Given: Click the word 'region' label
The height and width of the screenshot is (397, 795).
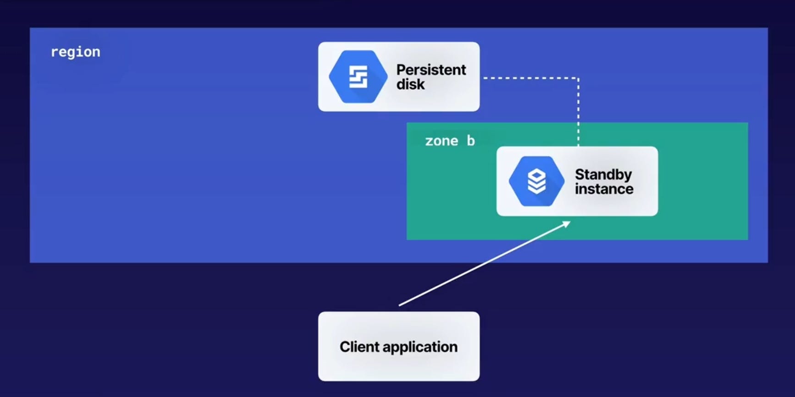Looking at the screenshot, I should (x=75, y=52).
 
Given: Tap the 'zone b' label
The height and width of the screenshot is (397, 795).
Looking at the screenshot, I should (x=449, y=141).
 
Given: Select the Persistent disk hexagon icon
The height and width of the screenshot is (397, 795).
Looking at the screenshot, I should (x=358, y=76).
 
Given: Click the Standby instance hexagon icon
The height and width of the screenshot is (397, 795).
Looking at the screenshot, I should (x=536, y=181).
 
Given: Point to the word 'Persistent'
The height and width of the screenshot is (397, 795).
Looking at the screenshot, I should (x=431, y=70).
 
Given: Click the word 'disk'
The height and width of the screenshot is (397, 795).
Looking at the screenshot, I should (x=410, y=85).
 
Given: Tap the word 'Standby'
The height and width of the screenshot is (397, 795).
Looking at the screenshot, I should (x=603, y=174).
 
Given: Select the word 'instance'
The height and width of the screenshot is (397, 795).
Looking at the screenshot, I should (x=604, y=189).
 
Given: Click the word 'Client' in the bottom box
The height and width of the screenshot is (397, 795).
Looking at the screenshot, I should (x=359, y=347).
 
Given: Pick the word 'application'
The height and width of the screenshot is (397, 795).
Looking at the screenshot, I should (x=420, y=347).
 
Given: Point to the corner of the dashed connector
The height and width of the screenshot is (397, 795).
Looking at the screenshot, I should (x=578, y=78).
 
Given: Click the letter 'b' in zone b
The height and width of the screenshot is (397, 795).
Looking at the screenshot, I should (x=471, y=141).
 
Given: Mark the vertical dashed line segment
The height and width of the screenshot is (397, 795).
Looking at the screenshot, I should (x=578, y=112).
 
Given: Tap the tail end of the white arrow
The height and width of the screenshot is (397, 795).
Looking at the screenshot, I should (x=400, y=305).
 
